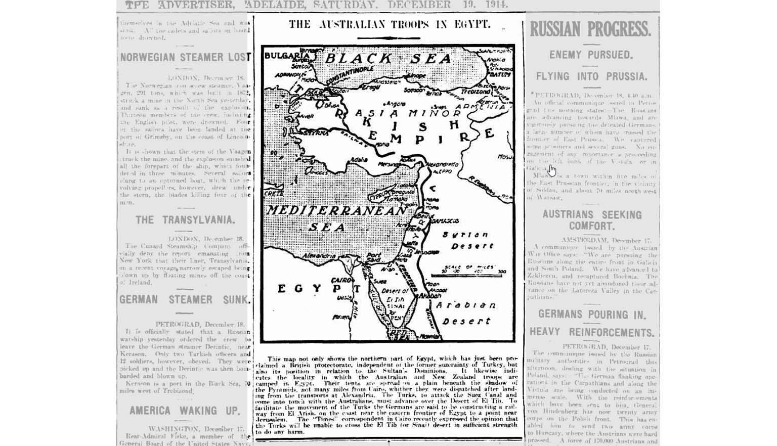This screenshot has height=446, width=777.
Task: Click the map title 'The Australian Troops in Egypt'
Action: coord(389,24)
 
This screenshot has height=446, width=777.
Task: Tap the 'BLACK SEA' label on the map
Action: coord(388,59)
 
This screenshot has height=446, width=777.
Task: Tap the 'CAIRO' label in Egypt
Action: coord(342,280)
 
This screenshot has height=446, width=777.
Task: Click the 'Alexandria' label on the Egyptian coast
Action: coord(320,256)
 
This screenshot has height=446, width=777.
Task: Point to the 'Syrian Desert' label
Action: coord(465,240)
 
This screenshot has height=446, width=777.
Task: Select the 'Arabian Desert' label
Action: coord(466,313)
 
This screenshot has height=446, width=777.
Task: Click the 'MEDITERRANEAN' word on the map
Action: coord(336,211)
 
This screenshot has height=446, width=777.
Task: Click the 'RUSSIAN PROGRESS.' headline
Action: coord(590,29)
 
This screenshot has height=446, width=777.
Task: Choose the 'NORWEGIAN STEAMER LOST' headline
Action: coord(185,57)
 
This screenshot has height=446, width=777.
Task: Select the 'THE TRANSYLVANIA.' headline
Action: coord(185,220)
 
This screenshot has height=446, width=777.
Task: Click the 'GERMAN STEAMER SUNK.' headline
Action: coord(185,299)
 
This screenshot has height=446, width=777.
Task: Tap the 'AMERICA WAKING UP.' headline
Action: coord(185,410)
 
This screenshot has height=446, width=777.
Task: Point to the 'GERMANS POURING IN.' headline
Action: coord(592,315)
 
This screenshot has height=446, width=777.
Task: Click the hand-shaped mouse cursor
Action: coord(551,170)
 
